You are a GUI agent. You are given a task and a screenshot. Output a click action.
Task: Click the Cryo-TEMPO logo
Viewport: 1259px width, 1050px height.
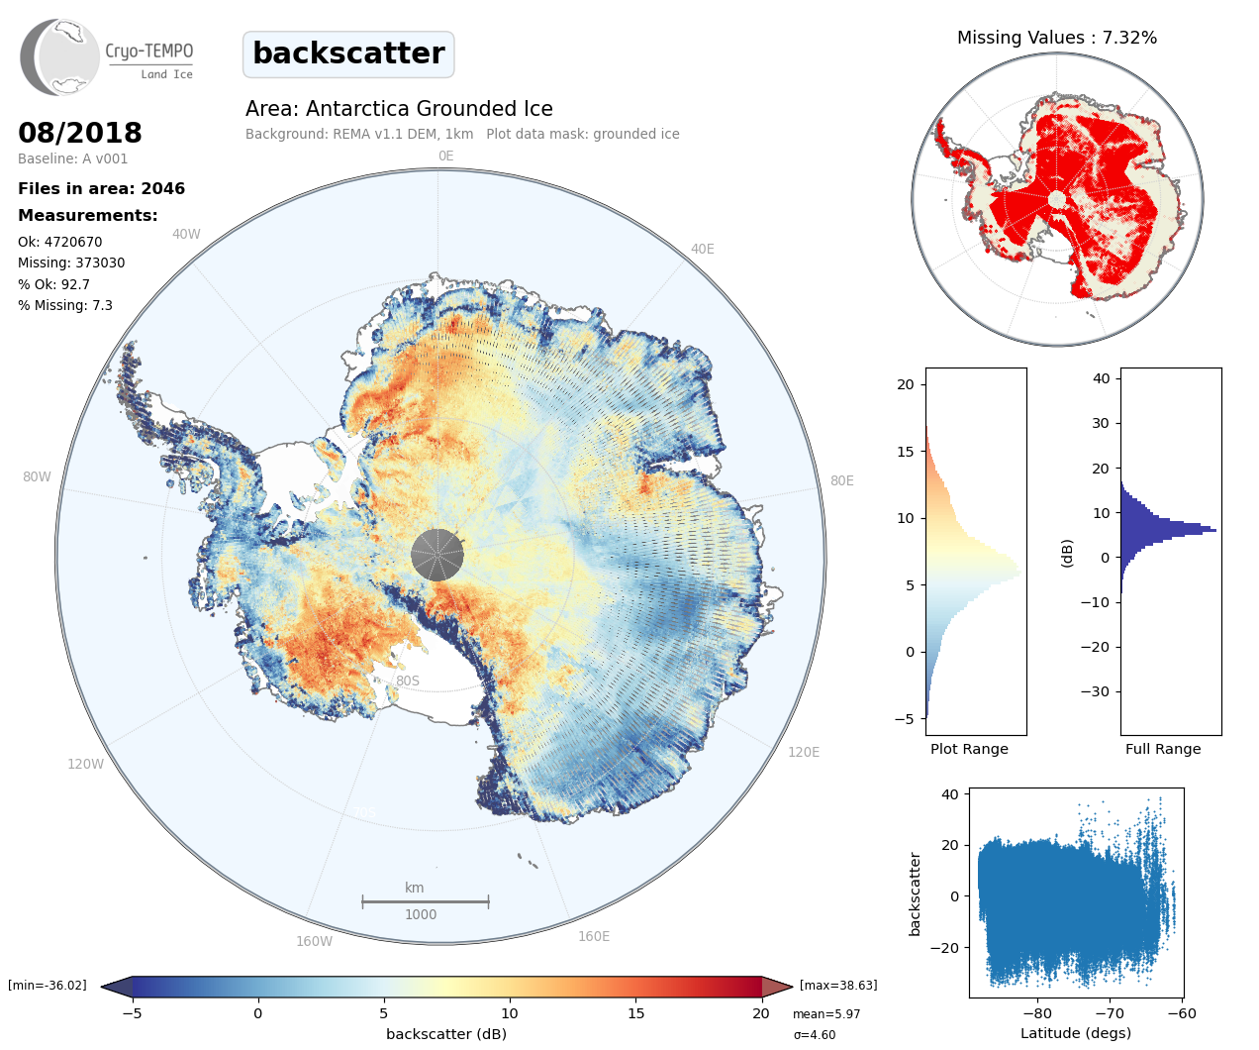[107, 56]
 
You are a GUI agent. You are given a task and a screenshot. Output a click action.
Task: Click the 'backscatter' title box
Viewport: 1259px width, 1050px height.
[348, 53]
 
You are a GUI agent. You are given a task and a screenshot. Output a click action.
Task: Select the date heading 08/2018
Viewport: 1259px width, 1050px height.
[80, 133]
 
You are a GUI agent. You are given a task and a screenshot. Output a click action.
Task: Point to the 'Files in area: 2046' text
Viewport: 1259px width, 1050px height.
[101, 189]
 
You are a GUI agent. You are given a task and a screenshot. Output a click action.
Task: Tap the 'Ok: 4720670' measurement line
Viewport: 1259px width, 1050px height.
[59, 242]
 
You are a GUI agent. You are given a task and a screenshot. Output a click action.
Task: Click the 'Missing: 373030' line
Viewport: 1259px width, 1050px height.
[71, 263]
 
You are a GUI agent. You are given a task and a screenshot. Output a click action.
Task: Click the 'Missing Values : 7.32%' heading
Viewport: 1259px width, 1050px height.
[1056, 38]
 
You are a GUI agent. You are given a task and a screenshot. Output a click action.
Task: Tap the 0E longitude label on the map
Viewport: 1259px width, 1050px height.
[445, 156]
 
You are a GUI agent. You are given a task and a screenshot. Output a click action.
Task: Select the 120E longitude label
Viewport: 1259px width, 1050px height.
[804, 752]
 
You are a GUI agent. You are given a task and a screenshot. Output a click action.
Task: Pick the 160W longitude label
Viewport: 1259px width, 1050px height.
[314, 941]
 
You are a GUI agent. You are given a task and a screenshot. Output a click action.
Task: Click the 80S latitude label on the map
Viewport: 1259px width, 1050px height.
[408, 681]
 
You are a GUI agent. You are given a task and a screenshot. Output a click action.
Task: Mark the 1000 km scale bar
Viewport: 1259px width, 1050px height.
[426, 901]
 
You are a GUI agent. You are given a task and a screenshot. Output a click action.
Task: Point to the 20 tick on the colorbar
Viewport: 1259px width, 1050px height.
[760, 1013]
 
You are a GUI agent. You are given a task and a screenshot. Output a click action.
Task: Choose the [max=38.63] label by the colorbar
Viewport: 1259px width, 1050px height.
[838, 986]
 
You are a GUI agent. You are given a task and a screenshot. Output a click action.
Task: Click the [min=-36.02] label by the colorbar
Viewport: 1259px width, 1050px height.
[48, 986]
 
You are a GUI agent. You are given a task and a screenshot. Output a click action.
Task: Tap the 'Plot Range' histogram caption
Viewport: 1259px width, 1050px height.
[969, 749]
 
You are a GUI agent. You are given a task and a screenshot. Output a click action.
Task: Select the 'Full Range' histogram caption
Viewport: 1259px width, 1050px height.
[1163, 749]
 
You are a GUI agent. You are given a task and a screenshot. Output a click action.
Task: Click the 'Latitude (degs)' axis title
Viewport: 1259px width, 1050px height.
[1076, 1033]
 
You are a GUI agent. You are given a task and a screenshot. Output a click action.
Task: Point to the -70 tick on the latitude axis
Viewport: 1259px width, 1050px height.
[1110, 1013]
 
